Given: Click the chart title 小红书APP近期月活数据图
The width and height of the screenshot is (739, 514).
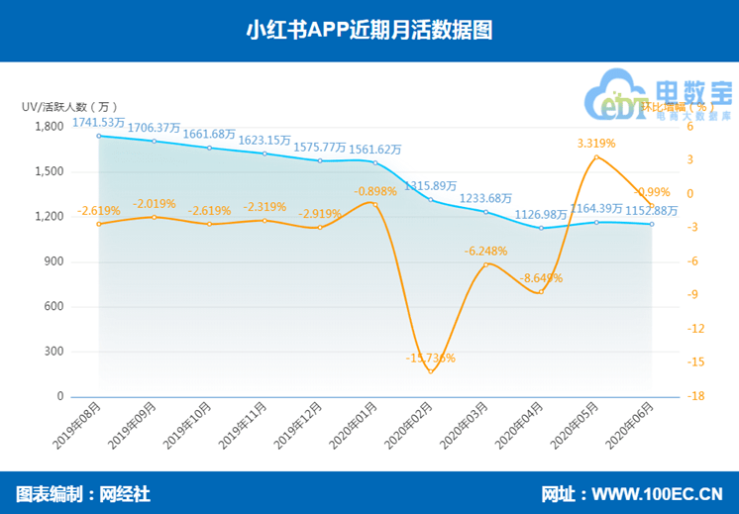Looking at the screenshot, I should pos(369,31).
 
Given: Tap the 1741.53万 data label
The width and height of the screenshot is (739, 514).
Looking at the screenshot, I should pos(98,123).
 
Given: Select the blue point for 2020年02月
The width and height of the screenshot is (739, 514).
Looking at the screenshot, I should pos(431,200).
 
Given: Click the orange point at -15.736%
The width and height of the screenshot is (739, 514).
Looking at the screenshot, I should pos(431,371).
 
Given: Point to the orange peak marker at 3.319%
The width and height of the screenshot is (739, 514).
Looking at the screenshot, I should pos(596,157).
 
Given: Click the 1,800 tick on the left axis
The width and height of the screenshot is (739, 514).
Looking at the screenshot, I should pos(49,127).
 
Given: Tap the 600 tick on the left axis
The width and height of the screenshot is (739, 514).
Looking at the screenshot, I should pos(53,307).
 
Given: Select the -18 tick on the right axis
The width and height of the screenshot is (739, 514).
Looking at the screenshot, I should pos(699,397).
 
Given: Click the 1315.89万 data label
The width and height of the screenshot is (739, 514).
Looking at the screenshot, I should pos(431,185).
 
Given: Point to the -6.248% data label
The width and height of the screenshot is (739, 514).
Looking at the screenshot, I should pos(485,251).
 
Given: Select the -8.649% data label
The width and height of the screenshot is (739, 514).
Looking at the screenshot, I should pos(541,278).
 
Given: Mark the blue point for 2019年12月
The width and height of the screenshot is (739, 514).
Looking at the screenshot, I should pos(320,160).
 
